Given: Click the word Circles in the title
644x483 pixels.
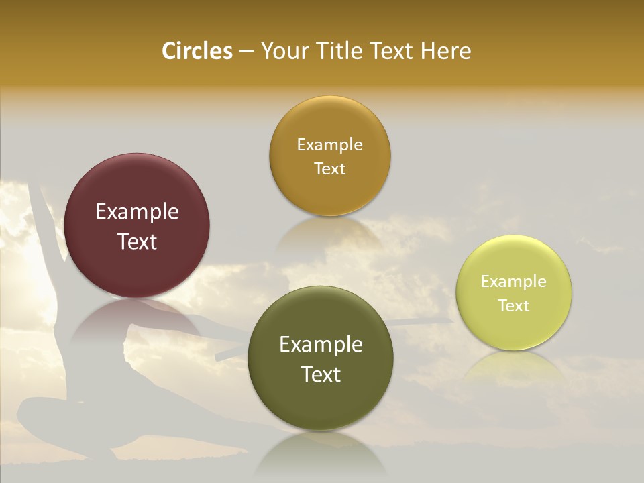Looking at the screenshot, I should tap(197, 51).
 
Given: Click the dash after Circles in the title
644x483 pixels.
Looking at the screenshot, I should tap(246, 52).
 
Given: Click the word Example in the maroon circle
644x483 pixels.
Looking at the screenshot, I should tap(137, 212).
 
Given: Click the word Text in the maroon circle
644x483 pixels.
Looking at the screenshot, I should tap(137, 241).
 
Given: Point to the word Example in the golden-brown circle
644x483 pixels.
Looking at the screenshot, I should tap(329, 145).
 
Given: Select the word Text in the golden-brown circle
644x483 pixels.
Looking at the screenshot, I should tap(329, 168).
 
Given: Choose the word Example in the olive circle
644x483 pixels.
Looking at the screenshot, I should tap(321, 345).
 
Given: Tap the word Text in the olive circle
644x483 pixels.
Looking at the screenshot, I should tap(321, 374).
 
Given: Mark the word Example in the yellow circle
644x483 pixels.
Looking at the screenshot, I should tap(514, 282).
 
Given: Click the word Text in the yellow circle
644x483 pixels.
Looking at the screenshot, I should tap(514, 305).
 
